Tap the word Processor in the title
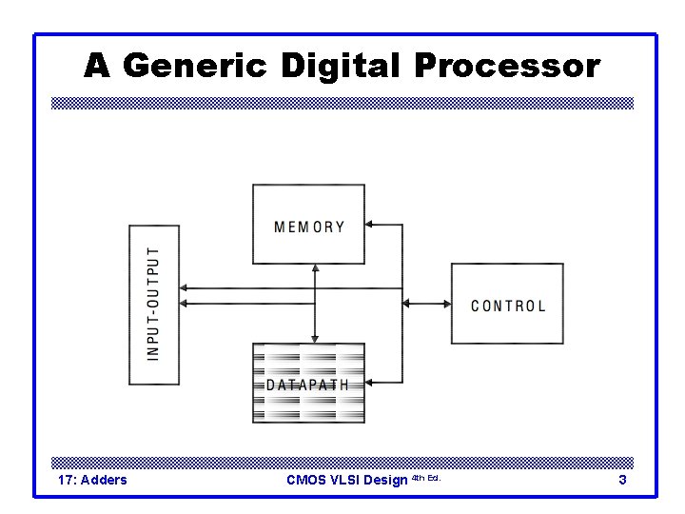click(507, 67)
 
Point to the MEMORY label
click(309, 227)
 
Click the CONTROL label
click(508, 306)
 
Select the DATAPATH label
click(307, 385)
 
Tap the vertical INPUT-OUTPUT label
click(154, 304)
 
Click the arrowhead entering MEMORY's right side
click(370, 226)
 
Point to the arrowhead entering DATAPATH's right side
click(370, 383)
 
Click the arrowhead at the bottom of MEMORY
click(314, 269)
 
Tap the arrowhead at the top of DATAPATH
click(314, 338)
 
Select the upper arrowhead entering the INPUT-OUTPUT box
click(185, 287)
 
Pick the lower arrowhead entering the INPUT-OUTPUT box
click(185, 304)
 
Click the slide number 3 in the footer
click(622, 480)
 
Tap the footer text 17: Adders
click(92, 480)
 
